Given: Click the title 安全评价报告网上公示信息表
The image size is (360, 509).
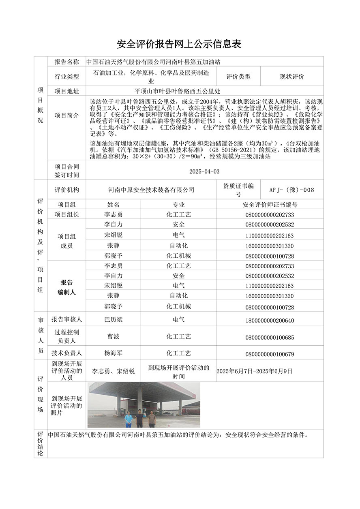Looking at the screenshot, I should coord(179,44).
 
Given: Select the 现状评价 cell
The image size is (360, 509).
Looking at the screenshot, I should coord(292,76).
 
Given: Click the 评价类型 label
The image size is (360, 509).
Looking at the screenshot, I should coord(238,76).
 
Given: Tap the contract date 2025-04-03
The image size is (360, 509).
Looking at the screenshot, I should coord(204,171).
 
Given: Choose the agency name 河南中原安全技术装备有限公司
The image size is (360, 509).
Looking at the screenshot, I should coord(152,190).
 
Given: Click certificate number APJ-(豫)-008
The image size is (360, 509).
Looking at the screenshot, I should coord(292,190).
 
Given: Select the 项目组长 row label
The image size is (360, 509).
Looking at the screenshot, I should coord(66,214).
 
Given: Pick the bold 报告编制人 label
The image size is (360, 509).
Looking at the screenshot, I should coord(66,287).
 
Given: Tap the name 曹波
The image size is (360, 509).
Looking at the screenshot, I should coord(113,336).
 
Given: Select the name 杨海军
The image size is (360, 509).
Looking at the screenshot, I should coord(113,353).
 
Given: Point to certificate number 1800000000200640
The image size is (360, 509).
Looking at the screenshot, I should coord(270,321).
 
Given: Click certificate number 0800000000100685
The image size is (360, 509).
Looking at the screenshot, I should coord(270,337).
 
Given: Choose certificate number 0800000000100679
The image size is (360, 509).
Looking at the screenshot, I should coord(270,354).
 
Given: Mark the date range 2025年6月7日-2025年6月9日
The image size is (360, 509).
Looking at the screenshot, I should coord(254,371).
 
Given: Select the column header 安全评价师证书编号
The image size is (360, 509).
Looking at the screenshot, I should coord(270,205).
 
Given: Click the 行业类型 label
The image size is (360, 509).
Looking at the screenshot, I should coord(66,76).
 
